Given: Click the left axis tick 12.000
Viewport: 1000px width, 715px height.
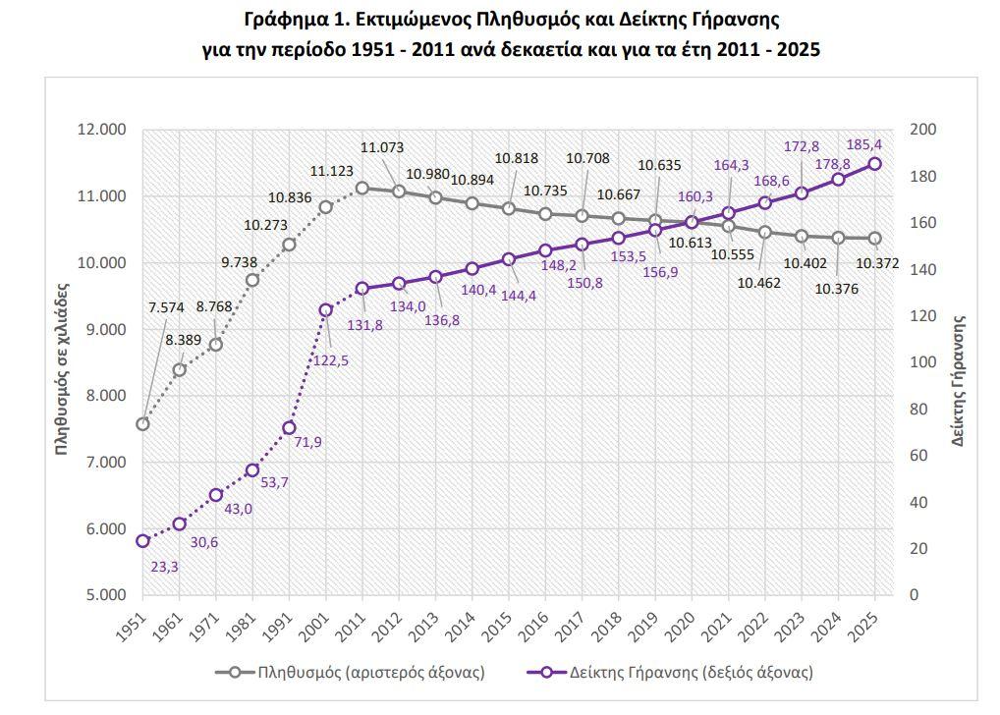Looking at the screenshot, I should click(x=101, y=130).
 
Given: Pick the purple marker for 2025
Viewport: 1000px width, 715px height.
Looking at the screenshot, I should click(x=874, y=164).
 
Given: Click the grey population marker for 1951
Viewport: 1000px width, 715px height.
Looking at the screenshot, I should click(x=143, y=424).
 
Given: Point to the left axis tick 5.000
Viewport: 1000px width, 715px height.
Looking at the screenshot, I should click(x=101, y=595).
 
